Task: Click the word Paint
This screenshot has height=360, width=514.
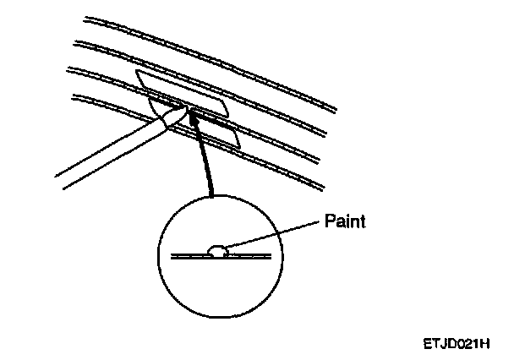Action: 344,222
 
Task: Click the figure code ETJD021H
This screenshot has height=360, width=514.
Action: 457,344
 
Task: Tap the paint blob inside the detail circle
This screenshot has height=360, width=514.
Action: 217,250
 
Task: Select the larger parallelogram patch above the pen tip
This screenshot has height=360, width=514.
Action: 182,91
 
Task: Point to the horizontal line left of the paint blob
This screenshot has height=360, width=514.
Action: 189,254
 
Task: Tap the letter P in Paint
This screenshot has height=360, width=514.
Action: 330,222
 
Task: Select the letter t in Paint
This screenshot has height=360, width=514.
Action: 361,222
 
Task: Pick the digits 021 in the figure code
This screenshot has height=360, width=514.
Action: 468,344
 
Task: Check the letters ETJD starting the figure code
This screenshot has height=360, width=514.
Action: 439,344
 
